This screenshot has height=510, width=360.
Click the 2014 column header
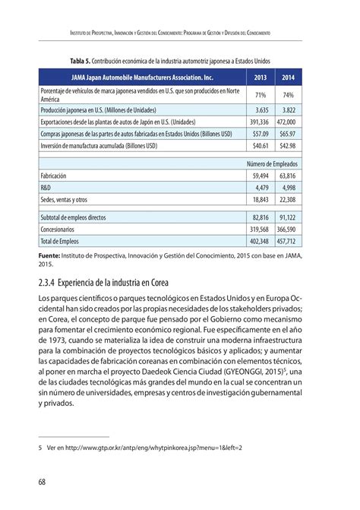(x=288, y=78)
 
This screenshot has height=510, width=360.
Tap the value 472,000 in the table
(x=286, y=121)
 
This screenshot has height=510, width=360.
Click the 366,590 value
(x=286, y=229)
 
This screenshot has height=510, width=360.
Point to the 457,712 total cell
(x=286, y=241)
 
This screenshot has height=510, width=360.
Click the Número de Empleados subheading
(x=272, y=163)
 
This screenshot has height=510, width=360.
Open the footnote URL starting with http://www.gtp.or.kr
(x=137, y=448)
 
